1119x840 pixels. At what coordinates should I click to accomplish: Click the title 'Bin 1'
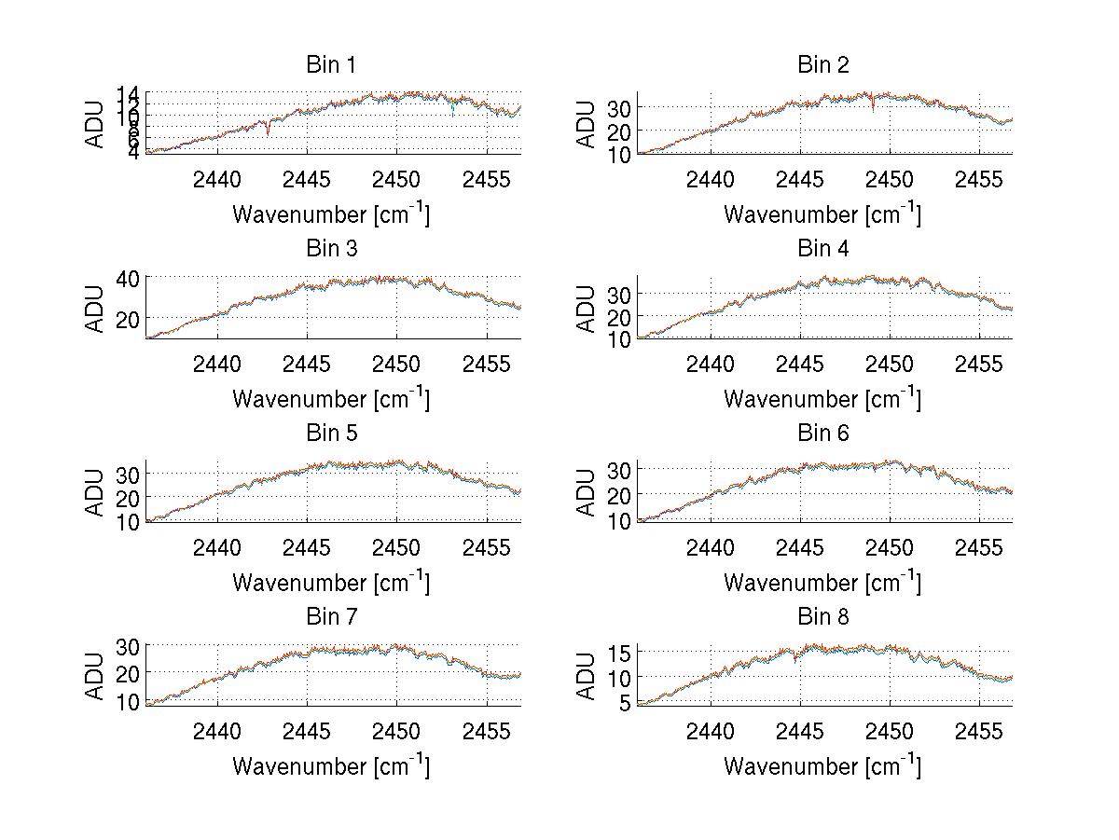tap(331, 65)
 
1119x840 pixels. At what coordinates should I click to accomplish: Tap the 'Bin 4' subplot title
tap(822, 249)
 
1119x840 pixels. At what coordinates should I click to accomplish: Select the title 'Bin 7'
tap(331, 617)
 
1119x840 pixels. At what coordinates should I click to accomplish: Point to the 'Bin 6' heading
tap(822, 434)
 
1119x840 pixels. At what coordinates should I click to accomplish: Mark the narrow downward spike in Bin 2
tap(873, 109)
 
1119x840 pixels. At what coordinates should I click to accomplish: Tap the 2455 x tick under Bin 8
tap(978, 730)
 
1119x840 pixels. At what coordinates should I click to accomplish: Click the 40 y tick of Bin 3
tap(128, 278)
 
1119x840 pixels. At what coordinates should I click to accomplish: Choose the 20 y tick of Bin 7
tap(128, 672)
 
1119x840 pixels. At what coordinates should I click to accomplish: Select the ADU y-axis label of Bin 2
tap(587, 123)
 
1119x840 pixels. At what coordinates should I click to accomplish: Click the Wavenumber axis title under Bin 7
tap(331, 765)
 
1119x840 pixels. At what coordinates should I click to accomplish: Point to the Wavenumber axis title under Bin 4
tap(822, 398)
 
